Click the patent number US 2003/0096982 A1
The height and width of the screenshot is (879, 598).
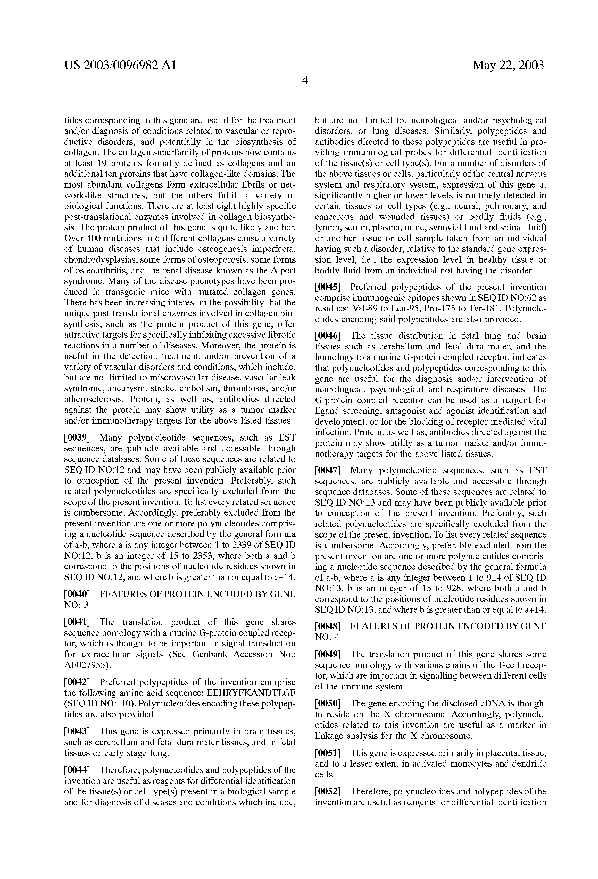[120, 66]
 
